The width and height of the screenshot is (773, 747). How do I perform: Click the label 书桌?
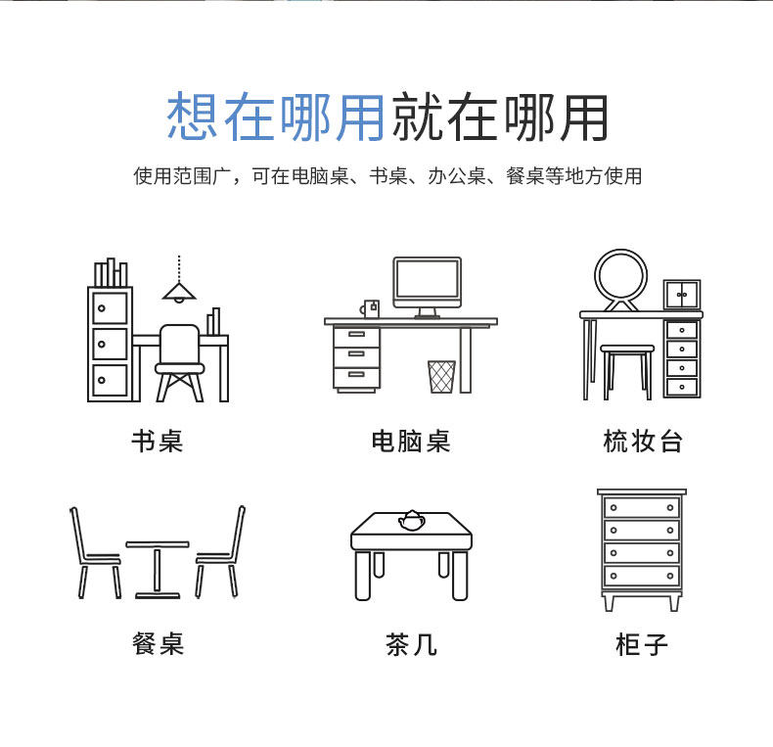point(158,441)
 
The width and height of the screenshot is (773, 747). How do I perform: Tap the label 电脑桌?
point(410,441)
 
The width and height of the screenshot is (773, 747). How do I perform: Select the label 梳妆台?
point(642,441)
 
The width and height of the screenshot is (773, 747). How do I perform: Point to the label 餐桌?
point(158,643)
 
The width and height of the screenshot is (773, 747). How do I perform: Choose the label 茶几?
point(410,644)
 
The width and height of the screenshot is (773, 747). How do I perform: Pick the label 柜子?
point(642,644)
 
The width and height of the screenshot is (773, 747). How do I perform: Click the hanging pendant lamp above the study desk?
point(179,290)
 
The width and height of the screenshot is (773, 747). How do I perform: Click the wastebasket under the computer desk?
point(441,376)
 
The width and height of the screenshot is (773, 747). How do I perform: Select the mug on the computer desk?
point(370,308)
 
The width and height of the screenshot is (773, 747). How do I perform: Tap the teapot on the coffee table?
point(411,519)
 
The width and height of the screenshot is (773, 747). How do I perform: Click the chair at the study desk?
point(179,360)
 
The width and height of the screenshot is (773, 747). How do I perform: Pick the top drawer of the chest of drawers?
point(641,507)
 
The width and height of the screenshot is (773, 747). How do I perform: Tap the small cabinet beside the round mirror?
point(682,294)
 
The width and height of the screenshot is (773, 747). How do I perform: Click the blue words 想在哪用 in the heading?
point(275,117)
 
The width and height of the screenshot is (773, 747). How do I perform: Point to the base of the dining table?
point(157,592)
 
